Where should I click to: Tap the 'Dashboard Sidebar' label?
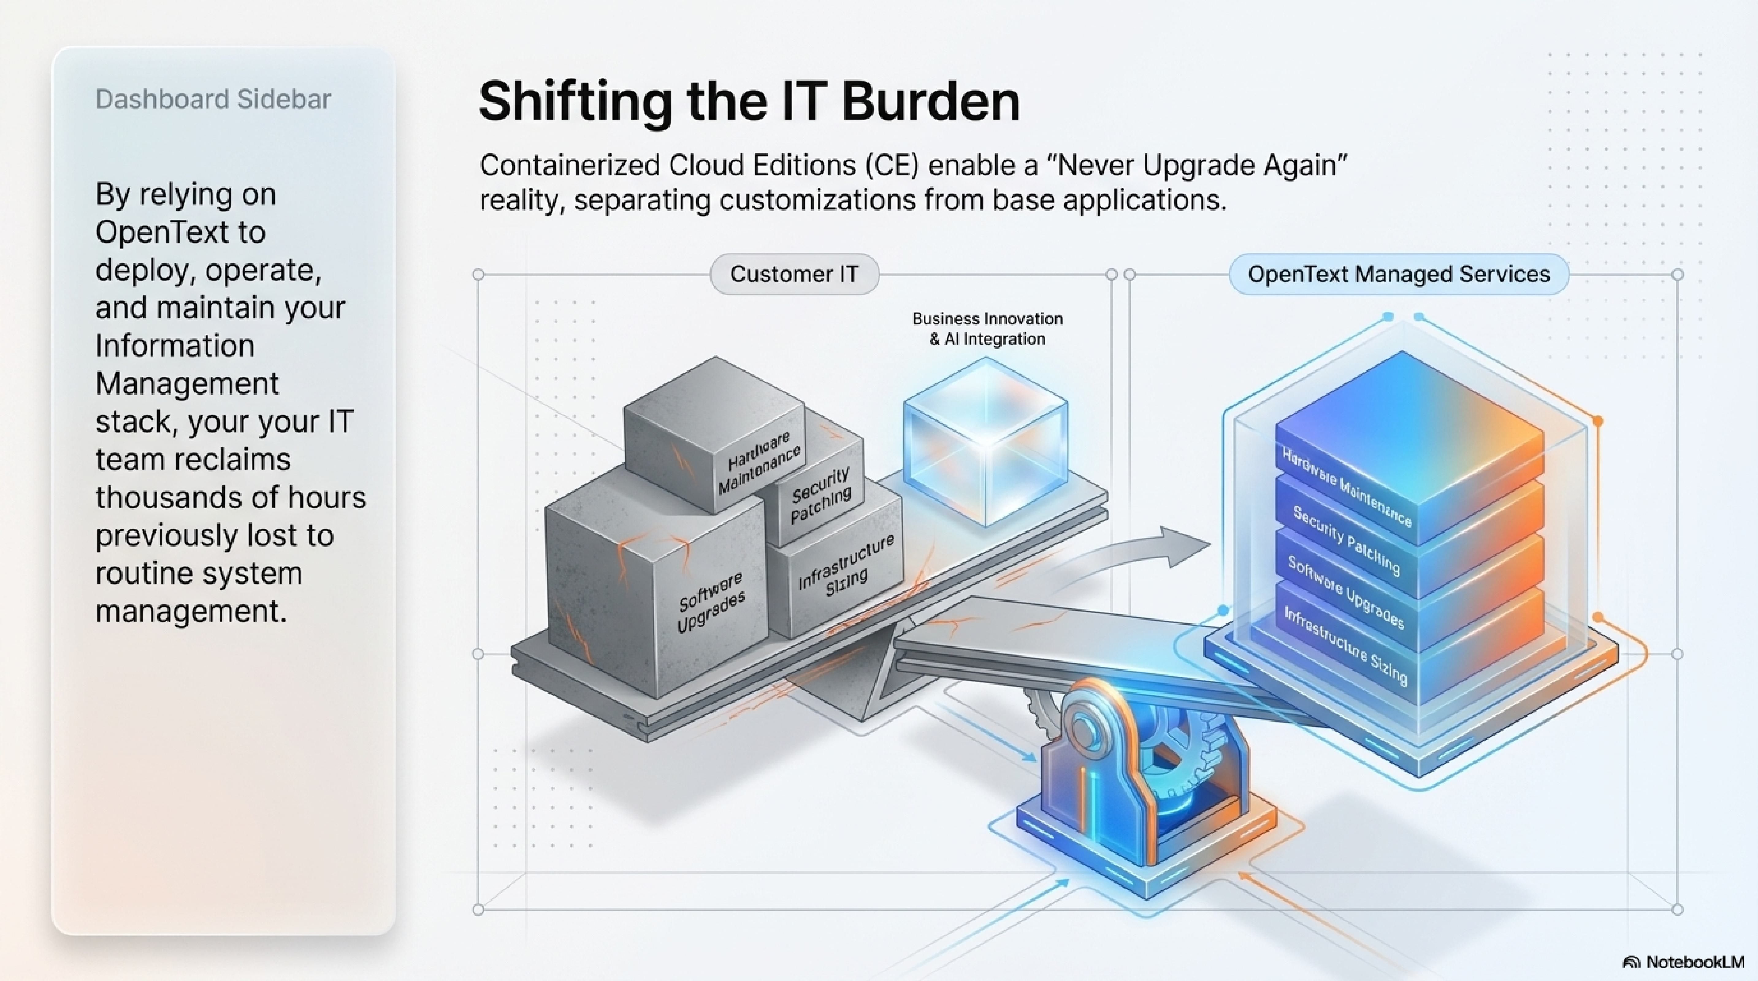click(x=213, y=100)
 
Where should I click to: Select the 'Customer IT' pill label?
click(x=794, y=274)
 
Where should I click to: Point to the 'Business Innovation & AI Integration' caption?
click(x=987, y=329)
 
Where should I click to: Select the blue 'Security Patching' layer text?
click(x=1346, y=541)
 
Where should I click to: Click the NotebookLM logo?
click(x=1683, y=962)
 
